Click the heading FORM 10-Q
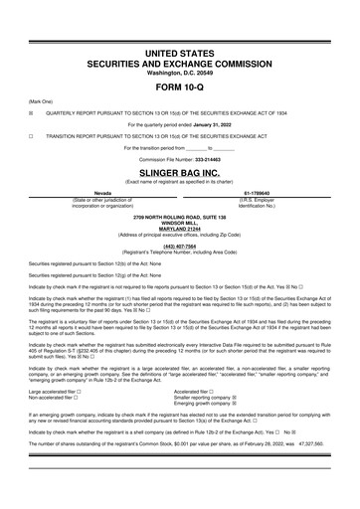click(180, 86)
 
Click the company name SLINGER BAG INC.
click(180, 172)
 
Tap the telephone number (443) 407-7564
click(180, 246)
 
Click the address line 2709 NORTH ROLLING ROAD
click(180, 216)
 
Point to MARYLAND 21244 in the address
click(180, 228)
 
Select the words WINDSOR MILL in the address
click(180, 222)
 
